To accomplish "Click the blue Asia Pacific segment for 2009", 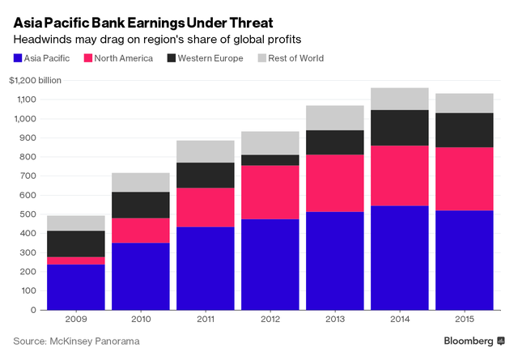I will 75,286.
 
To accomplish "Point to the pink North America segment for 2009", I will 75,260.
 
